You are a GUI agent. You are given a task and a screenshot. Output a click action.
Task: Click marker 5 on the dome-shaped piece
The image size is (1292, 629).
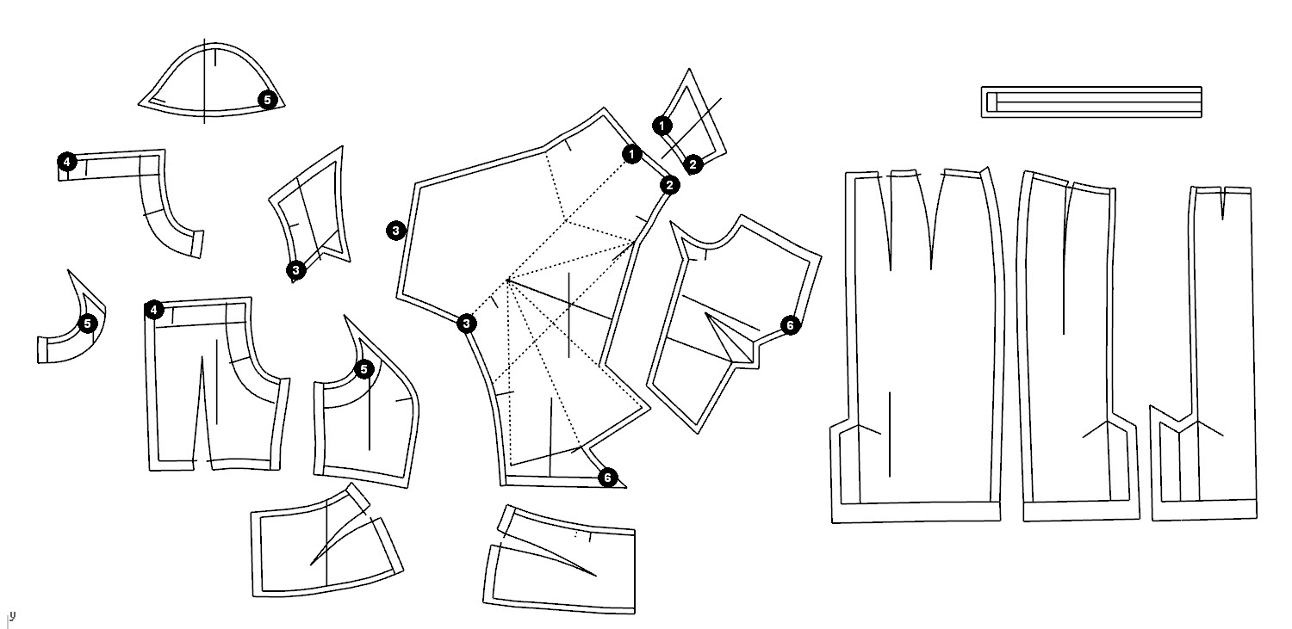click(x=267, y=100)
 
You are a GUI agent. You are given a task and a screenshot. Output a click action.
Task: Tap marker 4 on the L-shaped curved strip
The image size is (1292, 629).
click(x=67, y=162)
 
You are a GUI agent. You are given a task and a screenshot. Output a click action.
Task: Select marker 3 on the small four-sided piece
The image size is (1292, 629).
click(x=296, y=269)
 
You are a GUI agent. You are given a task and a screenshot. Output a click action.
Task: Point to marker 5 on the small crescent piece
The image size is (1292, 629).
click(x=87, y=324)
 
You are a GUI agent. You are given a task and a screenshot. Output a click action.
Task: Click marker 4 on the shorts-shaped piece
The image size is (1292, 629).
click(x=153, y=311)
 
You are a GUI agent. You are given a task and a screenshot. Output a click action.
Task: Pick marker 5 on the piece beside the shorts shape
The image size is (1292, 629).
click(x=363, y=369)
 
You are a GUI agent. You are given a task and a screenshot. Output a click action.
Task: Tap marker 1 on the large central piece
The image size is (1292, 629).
click(x=631, y=154)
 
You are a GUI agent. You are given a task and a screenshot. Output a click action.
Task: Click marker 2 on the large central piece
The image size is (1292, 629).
click(x=669, y=186)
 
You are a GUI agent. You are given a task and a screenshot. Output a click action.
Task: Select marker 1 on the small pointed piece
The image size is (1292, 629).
click(x=662, y=126)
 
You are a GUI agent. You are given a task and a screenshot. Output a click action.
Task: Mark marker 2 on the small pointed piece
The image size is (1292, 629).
click(x=693, y=164)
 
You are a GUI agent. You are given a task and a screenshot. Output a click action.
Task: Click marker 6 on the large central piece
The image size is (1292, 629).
click(x=607, y=478)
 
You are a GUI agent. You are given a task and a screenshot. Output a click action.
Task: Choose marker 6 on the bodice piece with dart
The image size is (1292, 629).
click(x=790, y=325)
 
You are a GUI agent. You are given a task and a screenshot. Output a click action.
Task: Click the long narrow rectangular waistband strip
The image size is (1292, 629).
click(x=1091, y=102)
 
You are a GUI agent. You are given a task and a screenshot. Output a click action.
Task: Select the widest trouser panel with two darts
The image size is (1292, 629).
click(x=917, y=346)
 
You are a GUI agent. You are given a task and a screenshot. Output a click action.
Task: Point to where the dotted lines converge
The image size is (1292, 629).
click(x=507, y=280)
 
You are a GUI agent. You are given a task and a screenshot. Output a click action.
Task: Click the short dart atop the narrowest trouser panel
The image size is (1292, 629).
click(x=1223, y=203)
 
